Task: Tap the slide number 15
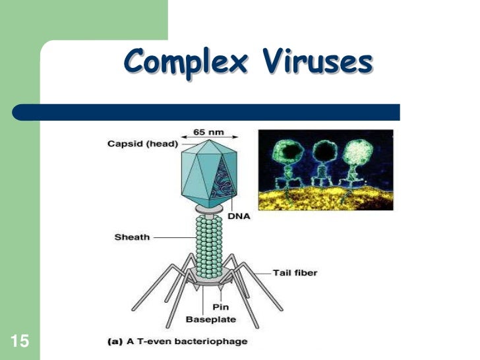[20, 340]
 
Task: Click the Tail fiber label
[295, 272]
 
